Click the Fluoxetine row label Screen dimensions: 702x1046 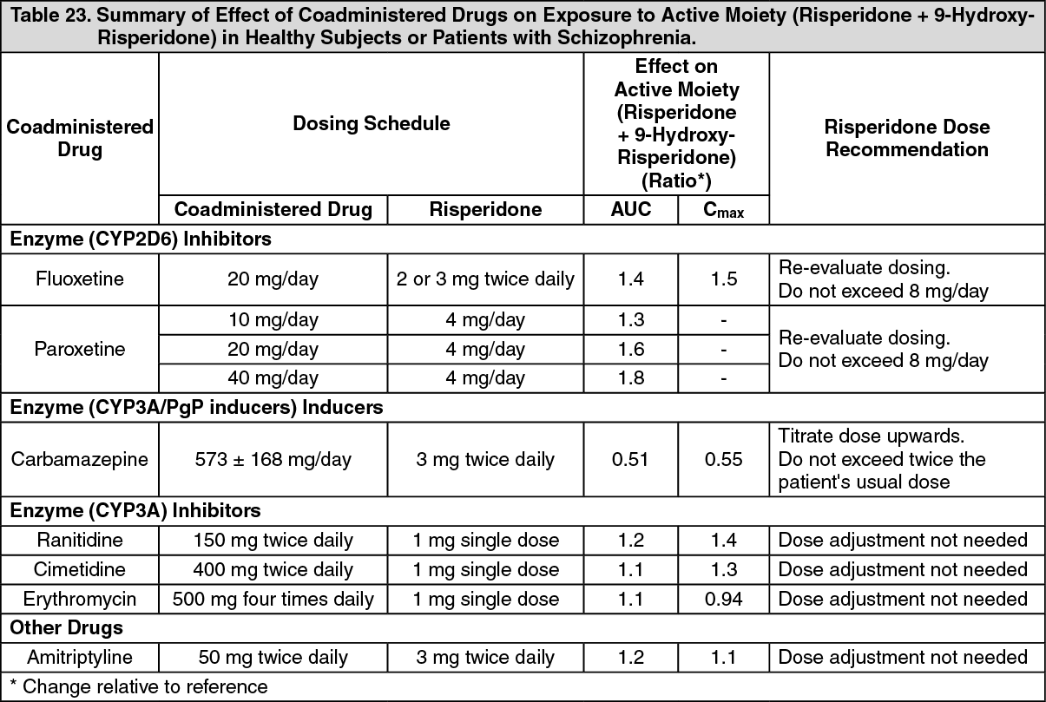pyautogui.click(x=80, y=279)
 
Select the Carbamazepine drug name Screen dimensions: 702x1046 pyautogui.click(x=80, y=459)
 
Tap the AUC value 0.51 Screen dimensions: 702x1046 pyautogui.click(x=630, y=459)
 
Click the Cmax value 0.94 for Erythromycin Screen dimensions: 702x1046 pyautogui.click(x=723, y=599)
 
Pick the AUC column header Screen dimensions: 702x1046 pyautogui.click(x=630, y=210)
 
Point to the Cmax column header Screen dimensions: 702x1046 pyautogui.click(x=723, y=210)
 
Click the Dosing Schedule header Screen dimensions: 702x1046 pyautogui.click(x=371, y=123)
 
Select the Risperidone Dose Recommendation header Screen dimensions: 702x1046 pyautogui.click(x=906, y=138)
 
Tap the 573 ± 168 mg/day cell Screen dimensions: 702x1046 pyautogui.click(x=273, y=459)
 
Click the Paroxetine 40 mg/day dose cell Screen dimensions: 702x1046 pyautogui.click(x=273, y=378)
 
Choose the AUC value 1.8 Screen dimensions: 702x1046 pyautogui.click(x=630, y=378)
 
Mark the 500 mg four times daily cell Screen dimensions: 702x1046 pyautogui.click(x=273, y=599)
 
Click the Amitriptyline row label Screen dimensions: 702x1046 pyautogui.click(x=80, y=657)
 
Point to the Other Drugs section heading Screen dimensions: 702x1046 pyautogui.click(x=67, y=627)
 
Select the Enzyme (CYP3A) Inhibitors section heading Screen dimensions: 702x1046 pyautogui.click(x=135, y=510)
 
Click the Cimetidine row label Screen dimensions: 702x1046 pyautogui.click(x=80, y=569)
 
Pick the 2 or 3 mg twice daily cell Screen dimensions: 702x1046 pyautogui.click(x=484, y=279)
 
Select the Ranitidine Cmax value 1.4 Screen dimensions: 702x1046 pyautogui.click(x=723, y=540)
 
